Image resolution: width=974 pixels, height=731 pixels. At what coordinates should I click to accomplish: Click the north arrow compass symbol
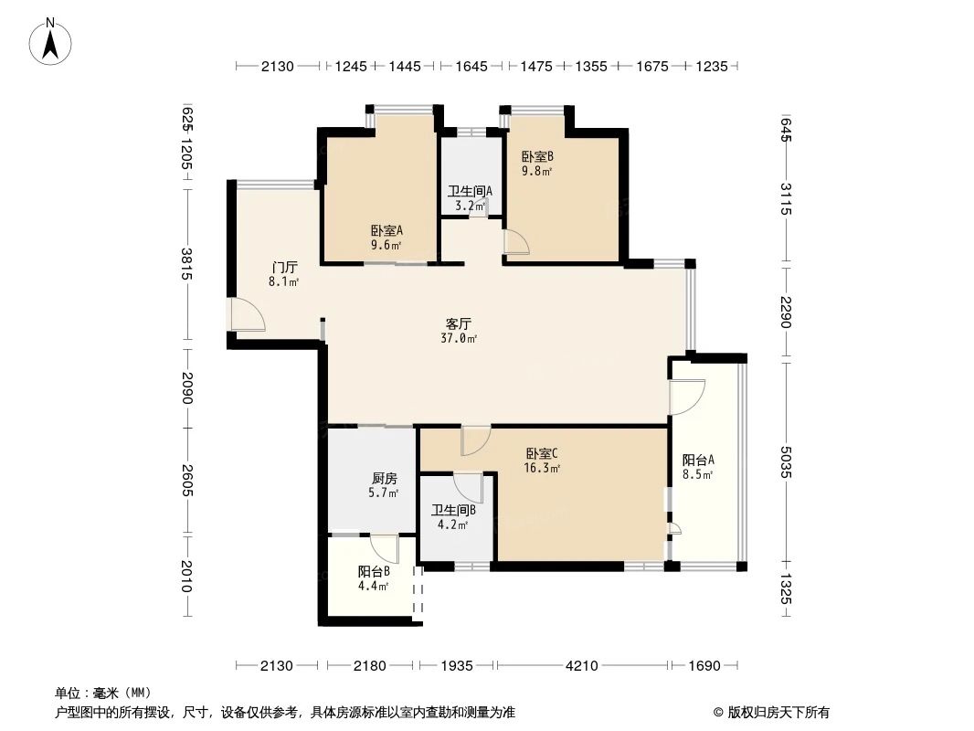52,40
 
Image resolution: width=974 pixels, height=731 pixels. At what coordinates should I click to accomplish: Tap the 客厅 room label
458,323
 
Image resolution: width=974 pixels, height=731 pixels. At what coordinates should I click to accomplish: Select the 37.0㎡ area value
458,338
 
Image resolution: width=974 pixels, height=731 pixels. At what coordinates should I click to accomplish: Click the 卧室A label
386,231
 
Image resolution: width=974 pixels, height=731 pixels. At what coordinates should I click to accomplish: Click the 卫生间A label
470,192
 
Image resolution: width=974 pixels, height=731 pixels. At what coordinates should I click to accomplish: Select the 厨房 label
385,478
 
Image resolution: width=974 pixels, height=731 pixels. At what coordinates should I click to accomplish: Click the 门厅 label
284,268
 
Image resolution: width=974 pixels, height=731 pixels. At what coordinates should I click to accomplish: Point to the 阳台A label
698,460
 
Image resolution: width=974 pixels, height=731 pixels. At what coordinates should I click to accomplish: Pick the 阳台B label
374,572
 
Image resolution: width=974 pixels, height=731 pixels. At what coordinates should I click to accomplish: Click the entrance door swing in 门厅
247,314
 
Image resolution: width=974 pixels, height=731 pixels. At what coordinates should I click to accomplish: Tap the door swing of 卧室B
516,240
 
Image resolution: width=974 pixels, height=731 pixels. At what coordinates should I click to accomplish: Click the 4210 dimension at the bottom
581,666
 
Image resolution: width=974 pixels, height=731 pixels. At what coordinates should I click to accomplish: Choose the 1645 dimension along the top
471,67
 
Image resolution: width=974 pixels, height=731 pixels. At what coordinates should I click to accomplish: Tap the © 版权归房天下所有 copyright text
771,712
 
